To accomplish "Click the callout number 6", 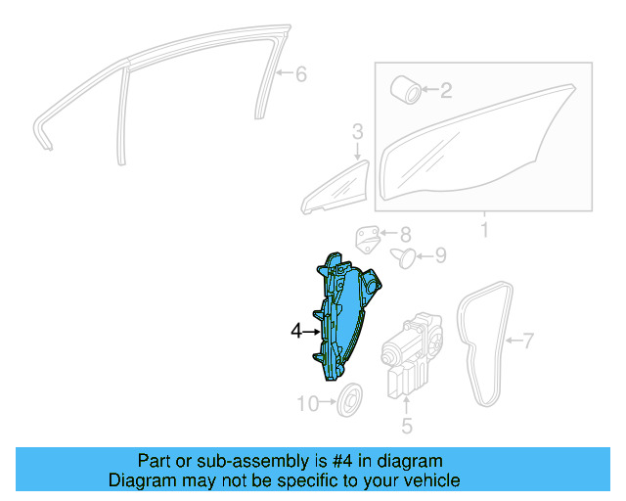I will (300, 74).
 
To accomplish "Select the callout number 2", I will (446, 92).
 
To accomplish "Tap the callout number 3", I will (357, 130).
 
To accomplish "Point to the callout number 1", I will (482, 231).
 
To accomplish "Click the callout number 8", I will (405, 234).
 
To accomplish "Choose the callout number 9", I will (440, 256).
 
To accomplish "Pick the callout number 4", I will (297, 332).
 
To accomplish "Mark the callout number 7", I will (528, 342).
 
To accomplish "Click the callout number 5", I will (407, 425).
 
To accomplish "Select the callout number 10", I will (308, 402).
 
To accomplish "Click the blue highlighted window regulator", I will (342, 318).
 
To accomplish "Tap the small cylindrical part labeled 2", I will (406, 89).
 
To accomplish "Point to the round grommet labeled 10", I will (349, 400).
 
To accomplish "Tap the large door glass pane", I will (469, 157).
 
